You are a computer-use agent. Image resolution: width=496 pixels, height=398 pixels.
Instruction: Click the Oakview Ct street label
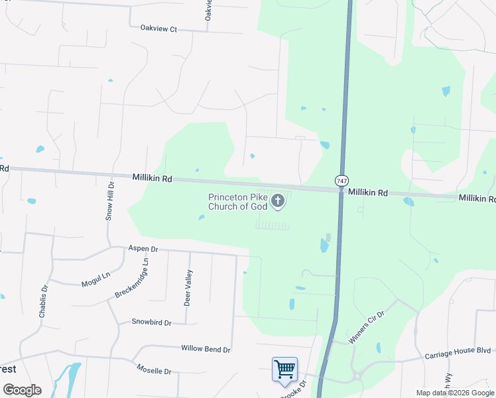click(x=159, y=29)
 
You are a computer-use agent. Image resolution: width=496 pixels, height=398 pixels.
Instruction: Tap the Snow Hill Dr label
click(x=111, y=201)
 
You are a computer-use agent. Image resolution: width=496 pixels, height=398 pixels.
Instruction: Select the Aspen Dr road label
click(x=145, y=249)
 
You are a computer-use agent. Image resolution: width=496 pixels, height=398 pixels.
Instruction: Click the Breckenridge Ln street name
click(x=132, y=277)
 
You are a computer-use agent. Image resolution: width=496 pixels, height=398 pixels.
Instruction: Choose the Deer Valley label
click(x=189, y=287)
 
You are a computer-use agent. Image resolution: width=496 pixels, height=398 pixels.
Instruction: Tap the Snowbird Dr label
click(x=151, y=322)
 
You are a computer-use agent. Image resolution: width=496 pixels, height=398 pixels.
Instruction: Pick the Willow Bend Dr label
click(x=206, y=349)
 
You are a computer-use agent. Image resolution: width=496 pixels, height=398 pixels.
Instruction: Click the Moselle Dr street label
click(x=154, y=371)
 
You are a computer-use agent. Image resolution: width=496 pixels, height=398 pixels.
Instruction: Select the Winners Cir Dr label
click(x=367, y=325)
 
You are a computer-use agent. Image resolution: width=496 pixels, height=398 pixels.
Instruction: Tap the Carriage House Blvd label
click(x=458, y=353)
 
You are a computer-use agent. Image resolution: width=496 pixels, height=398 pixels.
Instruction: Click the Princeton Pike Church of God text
click(x=237, y=202)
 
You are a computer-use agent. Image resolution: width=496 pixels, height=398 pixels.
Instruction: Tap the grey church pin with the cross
click(x=278, y=200)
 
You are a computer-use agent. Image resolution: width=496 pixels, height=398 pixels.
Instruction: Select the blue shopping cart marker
click(x=284, y=369)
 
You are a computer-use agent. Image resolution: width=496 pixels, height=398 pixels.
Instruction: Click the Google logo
click(x=22, y=390)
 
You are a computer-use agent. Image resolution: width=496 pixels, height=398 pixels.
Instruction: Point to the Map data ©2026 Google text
click(x=455, y=393)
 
